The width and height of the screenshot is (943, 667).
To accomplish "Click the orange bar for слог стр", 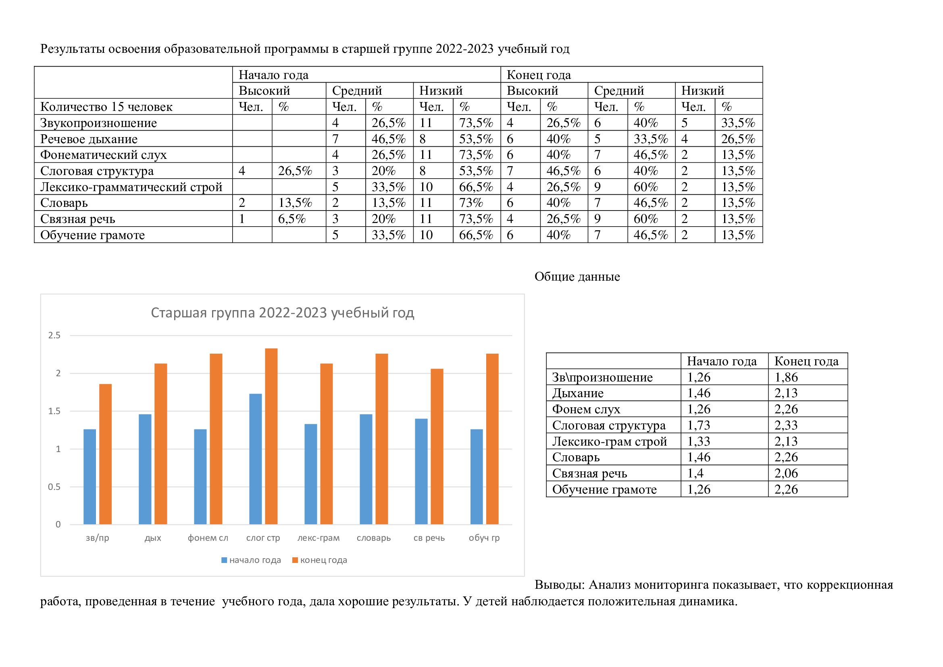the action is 271,436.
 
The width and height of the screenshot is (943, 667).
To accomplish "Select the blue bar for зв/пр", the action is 90,477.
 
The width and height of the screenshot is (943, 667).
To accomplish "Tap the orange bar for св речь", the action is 437,446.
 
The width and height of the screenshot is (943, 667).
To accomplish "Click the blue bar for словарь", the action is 366,469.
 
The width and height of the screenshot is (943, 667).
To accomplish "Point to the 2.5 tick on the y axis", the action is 54,335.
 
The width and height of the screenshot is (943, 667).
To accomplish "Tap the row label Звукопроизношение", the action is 98,123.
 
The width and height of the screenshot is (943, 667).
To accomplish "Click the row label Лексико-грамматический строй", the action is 131,187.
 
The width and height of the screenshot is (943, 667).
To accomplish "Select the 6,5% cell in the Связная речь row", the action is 292,219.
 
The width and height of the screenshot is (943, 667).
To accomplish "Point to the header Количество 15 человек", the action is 106,107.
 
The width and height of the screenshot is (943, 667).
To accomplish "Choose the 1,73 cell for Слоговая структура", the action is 699,425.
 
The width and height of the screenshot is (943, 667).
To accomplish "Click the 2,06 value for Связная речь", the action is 786,473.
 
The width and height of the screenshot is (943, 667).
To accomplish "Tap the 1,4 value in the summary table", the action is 695,473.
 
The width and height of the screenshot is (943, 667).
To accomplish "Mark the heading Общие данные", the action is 577,276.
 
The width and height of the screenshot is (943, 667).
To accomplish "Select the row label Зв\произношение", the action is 602,377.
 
